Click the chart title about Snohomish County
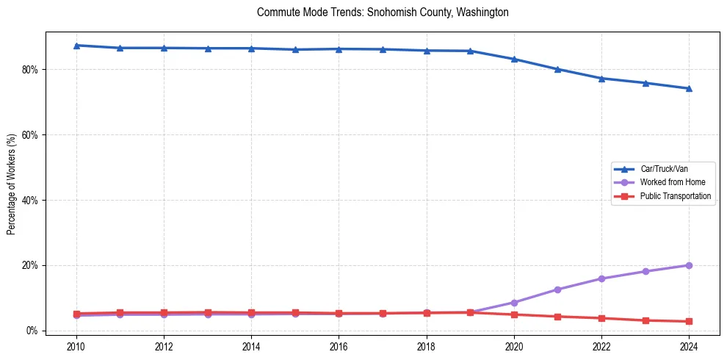pos(383,12)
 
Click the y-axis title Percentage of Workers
pos(12,184)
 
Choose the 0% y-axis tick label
pos(32,331)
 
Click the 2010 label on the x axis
pos(76,345)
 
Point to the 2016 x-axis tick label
pos(339,345)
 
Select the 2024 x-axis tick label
pos(689,345)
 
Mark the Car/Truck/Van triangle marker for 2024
pos(689,88)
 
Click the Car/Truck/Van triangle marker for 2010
pos(76,46)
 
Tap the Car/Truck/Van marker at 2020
pos(514,59)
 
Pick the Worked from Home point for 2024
pos(689,265)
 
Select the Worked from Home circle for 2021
pos(557,289)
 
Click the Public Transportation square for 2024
pos(689,321)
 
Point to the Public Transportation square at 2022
pos(601,318)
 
